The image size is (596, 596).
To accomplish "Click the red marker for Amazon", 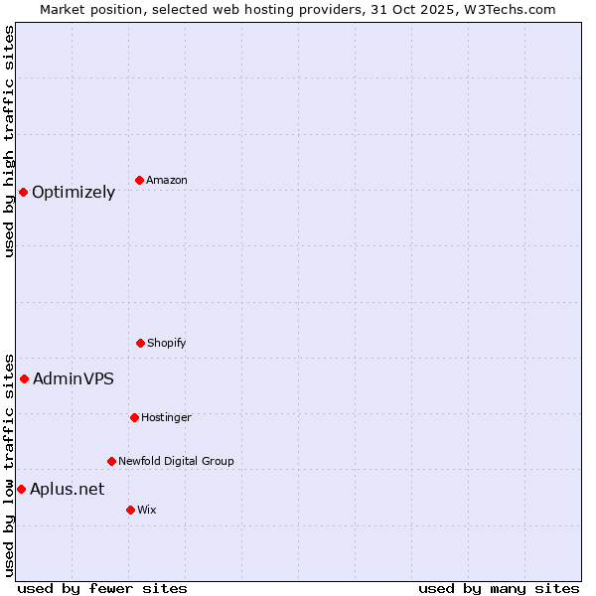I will [140, 180].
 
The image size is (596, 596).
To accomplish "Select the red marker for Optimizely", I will [23, 192].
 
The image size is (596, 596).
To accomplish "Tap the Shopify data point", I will [140, 343].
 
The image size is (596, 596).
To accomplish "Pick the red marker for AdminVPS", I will [24, 378].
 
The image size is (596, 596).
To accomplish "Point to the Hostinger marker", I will [134, 417].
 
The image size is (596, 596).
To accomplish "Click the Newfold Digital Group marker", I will [111, 461].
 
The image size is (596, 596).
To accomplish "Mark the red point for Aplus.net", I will [21, 489].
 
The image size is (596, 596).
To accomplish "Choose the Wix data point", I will [130, 510].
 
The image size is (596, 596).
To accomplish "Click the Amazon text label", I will [167, 180].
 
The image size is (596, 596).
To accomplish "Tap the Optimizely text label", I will [74, 193].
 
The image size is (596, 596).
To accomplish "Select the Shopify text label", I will [167, 343].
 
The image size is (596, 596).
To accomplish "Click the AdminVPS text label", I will [74, 378].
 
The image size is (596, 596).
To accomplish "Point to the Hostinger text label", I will [166, 417].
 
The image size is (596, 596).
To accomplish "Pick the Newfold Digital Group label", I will [176, 461].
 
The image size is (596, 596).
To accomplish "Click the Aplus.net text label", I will [67, 489].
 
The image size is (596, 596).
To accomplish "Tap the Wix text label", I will [147, 510].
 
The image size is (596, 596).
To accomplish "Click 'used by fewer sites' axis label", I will [102, 588].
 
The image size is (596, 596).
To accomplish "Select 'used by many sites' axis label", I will [499, 588].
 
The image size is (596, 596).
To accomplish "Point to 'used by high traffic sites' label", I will [9, 141].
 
